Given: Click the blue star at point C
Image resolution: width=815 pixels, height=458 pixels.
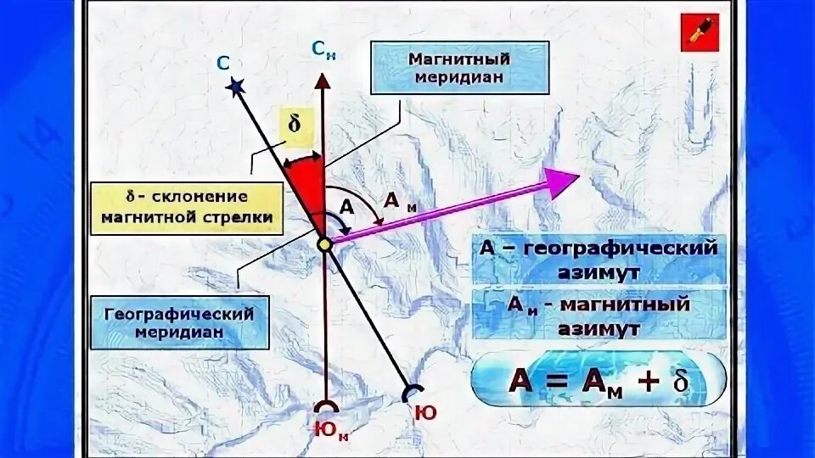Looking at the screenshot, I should (235, 86).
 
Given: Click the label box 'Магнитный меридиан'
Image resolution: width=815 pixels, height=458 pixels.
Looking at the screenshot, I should (459, 68).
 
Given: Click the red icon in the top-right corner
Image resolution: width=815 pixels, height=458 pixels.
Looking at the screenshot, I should (699, 32).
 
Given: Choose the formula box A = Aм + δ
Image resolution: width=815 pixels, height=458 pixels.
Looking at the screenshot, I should (599, 378).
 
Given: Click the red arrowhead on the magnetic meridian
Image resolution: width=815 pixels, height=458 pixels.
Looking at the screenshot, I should (323, 80).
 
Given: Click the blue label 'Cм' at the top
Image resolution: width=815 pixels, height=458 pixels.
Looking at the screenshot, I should (323, 50).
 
